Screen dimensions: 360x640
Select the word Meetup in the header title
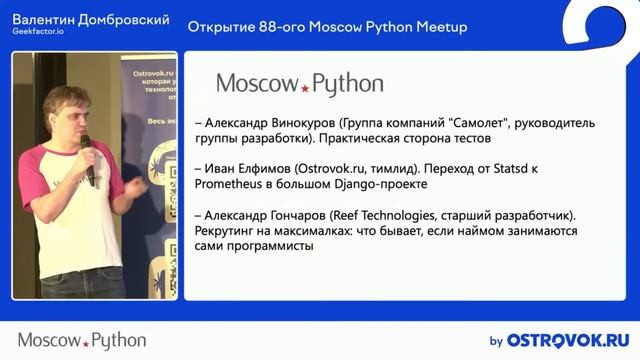coord(441,27)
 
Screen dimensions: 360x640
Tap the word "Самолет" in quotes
coord(482,121)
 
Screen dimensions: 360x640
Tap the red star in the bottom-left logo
coord(85,342)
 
